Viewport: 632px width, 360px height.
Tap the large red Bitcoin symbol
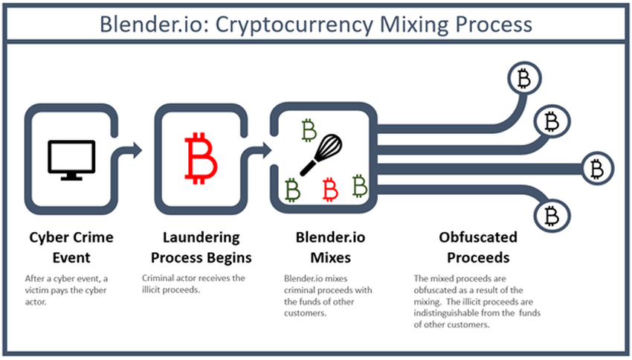pyautogui.click(x=199, y=158)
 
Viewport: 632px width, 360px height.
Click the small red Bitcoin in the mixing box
pyautogui.click(x=330, y=190)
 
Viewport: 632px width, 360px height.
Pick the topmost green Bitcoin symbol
pyautogui.click(x=309, y=130)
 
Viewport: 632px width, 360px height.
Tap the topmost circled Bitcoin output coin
pyautogui.click(x=525, y=77)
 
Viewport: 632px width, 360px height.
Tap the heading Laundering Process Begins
pyautogui.click(x=201, y=248)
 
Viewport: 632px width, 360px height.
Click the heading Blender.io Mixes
pyautogui.click(x=322, y=248)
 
